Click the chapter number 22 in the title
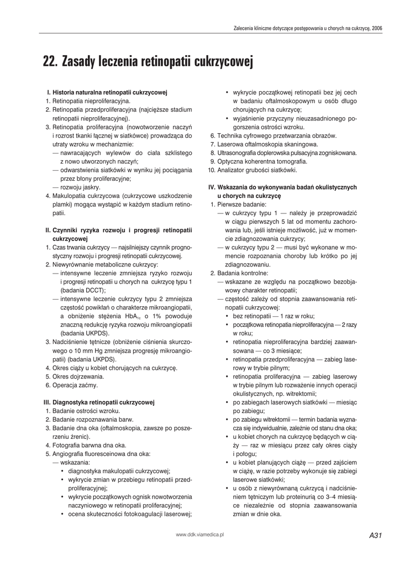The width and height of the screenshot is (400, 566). (x=50, y=62)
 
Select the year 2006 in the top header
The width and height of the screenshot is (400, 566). (x=377, y=27)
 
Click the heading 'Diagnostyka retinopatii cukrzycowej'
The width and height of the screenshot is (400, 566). (x=103, y=402)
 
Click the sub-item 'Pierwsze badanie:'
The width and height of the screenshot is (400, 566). (x=241, y=205)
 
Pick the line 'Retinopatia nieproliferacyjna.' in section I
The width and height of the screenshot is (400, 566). (x=91, y=101)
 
